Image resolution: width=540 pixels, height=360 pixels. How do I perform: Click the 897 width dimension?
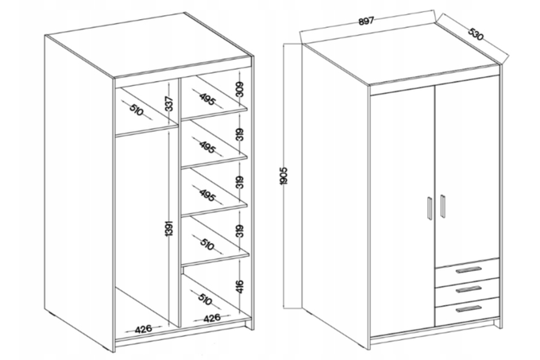pyautogui.click(x=366, y=21)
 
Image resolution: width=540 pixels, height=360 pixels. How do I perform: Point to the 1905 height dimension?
pyautogui.click(x=283, y=176)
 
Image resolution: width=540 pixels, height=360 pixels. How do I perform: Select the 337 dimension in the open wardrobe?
pyautogui.click(x=168, y=103)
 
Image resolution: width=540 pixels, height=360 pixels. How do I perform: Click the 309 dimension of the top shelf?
pyautogui.click(x=240, y=89)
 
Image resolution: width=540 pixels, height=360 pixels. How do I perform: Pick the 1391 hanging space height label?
pyautogui.click(x=168, y=229)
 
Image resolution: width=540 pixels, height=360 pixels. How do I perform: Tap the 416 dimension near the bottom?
pyautogui.click(x=240, y=286)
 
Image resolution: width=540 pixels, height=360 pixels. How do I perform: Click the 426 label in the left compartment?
pyautogui.click(x=143, y=329)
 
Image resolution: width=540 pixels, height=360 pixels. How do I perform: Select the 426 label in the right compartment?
pyautogui.click(x=212, y=318)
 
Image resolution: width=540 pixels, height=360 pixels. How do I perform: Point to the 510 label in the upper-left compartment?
pyautogui.click(x=137, y=110)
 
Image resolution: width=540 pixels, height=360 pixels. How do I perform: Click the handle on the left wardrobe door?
pyautogui.click(x=430, y=207)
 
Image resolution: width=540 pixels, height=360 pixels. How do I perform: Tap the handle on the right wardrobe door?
pyautogui.click(x=442, y=206)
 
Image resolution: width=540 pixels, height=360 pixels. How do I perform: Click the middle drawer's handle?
pyautogui.click(x=469, y=289)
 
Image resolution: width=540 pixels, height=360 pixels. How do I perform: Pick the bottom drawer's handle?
pyautogui.click(x=469, y=309)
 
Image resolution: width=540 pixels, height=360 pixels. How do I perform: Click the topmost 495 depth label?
pyautogui.click(x=207, y=99)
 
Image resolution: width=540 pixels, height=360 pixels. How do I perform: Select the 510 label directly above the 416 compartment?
pyautogui.click(x=207, y=244)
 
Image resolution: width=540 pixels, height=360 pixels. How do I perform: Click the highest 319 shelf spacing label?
pyautogui.click(x=240, y=134)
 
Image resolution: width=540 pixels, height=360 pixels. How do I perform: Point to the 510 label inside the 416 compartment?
pyautogui.click(x=205, y=298)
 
